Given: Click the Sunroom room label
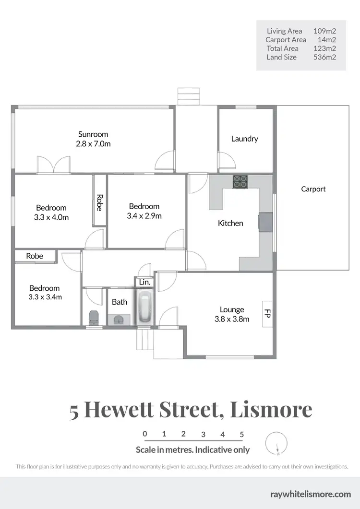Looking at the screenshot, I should pyautogui.click(x=93, y=134).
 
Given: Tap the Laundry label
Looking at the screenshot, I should pyautogui.click(x=244, y=139).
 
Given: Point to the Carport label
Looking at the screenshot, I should pyautogui.click(x=313, y=189).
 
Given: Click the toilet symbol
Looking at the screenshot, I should pyautogui.click(x=94, y=317).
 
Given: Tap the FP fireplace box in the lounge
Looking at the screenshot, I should pyautogui.click(x=267, y=314).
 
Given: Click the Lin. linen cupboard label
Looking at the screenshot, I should pyautogui.click(x=144, y=283).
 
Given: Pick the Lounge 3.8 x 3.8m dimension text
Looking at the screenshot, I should pyautogui.click(x=232, y=319).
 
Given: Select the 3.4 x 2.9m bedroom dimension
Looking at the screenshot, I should pyautogui.click(x=144, y=216).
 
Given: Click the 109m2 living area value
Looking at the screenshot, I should pyautogui.click(x=324, y=31).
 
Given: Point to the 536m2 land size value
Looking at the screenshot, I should pyautogui.click(x=324, y=57).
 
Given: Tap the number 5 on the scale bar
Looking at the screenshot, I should pyautogui.click(x=242, y=434).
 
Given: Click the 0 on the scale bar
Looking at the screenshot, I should pyautogui.click(x=145, y=434).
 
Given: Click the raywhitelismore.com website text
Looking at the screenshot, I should pyautogui.click(x=311, y=494).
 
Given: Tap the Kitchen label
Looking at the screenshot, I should pyautogui.click(x=230, y=223).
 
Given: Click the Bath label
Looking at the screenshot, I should pyautogui.click(x=120, y=302).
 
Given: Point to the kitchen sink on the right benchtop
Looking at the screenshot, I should pyautogui.click(x=264, y=222).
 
